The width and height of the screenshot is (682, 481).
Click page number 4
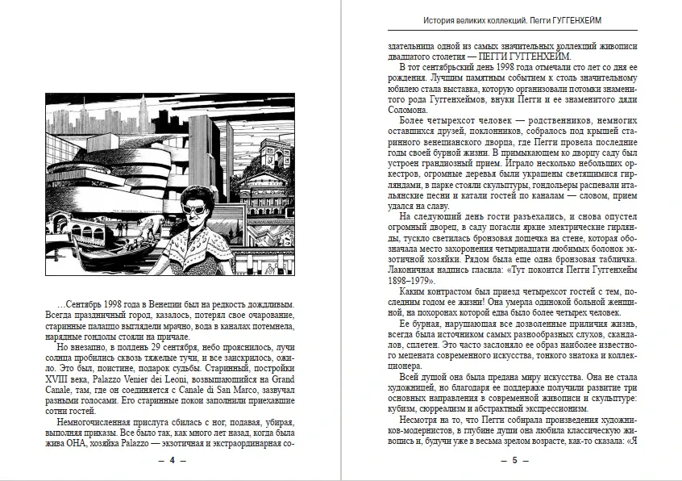pos(171,459)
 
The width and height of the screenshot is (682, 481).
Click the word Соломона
pos(407,110)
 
